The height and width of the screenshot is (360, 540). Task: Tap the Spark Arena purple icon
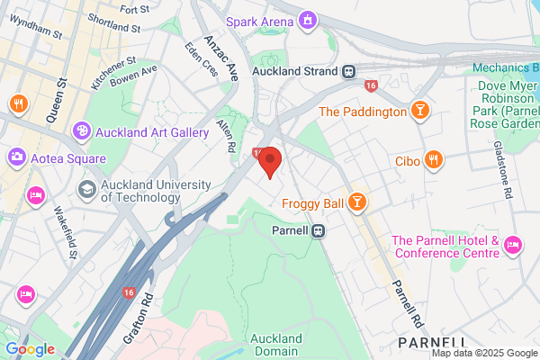tap(309, 18)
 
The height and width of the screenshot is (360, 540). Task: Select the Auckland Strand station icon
tap(347, 70)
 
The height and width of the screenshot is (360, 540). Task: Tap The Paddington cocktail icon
tap(418, 112)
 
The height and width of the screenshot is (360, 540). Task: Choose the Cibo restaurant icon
tap(434, 160)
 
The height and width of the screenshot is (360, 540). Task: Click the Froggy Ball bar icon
tap(357, 202)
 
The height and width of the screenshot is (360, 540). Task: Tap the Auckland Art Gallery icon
tap(81, 132)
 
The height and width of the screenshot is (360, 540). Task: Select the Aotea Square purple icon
tap(17, 157)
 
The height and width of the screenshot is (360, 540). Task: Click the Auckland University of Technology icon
tap(87, 189)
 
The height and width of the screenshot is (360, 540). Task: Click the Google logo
tap(30, 349)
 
